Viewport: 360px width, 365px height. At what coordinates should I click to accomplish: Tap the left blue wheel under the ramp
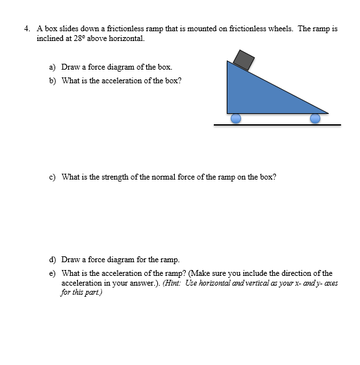236,118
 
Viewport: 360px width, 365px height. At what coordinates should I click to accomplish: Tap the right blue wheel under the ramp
315,118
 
